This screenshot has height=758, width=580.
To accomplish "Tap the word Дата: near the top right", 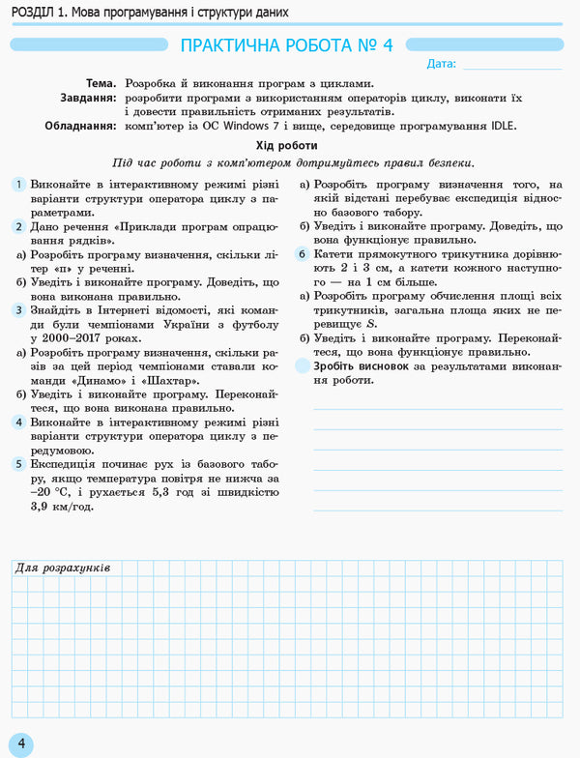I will pos(440,64).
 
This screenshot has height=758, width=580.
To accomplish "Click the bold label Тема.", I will pos(101,84).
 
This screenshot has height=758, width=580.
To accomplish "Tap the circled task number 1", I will pos(18,185).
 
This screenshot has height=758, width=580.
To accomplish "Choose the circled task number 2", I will pos(18,226).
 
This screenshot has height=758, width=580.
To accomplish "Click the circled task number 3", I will pos(18,309).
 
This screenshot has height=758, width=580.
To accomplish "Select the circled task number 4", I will pos(18,423).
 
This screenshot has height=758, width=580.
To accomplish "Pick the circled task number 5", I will pos(18,464).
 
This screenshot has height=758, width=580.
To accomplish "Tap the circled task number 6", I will pos(302,254).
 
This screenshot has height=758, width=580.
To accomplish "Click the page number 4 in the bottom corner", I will pos(19,744).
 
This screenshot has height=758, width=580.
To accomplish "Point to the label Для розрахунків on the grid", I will pos(64,568).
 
